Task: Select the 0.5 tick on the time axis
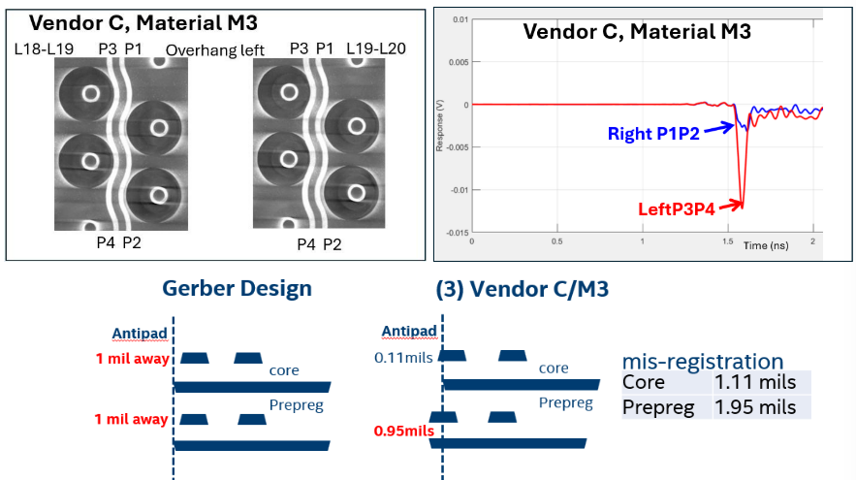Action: tap(556, 240)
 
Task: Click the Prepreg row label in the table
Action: tap(658, 408)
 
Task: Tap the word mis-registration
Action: tap(703, 361)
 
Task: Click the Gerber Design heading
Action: tap(237, 288)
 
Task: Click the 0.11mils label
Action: tap(403, 357)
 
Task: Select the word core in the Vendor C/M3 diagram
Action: tap(554, 368)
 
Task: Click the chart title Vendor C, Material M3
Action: tap(637, 30)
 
